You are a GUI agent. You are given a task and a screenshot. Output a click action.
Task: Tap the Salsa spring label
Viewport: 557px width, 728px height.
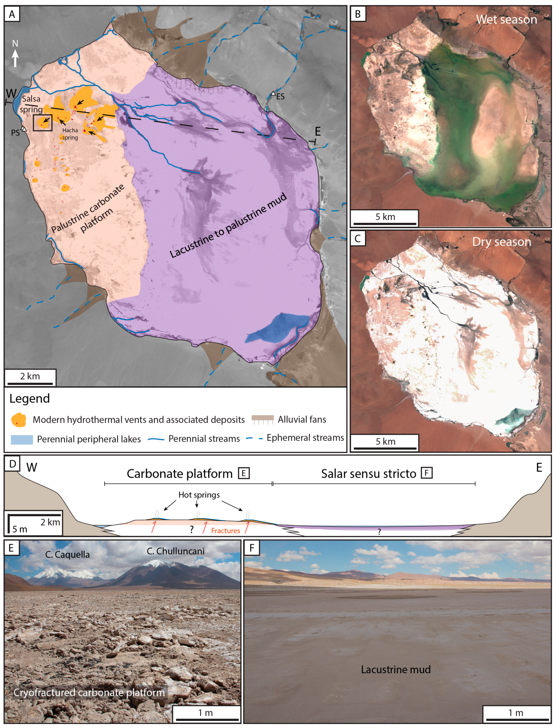(x=31, y=104)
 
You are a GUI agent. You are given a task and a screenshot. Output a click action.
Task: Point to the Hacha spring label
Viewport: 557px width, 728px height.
(x=70, y=134)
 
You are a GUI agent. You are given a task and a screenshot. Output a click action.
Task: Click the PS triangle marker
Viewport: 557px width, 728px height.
(x=24, y=128)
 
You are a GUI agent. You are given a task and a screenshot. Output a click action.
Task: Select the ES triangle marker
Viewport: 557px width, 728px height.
(x=273, y=93)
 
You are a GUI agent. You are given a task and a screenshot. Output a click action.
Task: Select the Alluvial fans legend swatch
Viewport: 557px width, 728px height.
(x=262, y=419)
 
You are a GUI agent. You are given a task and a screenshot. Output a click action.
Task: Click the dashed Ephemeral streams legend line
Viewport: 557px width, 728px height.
(x=254, y=438)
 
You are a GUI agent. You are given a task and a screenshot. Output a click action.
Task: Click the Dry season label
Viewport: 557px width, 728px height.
(x=501, y=241)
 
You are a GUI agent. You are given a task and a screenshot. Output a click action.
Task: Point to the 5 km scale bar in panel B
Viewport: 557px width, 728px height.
(x=384, y=223)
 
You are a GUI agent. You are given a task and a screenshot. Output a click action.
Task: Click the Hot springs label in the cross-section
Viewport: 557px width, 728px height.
(x=199, y=495)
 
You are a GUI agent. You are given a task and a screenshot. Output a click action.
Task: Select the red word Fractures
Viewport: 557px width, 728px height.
(x=225, y=531)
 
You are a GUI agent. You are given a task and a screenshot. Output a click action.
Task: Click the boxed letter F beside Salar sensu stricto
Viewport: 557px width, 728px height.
(x=427, y=473)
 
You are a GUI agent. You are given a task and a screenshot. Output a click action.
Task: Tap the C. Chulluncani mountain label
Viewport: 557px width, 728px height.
(x=175, y=551)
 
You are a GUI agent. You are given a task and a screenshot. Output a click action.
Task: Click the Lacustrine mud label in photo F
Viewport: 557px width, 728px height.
(x=396, y=669)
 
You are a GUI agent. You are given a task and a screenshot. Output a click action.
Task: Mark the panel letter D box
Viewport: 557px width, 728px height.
(x=13, y=464)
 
